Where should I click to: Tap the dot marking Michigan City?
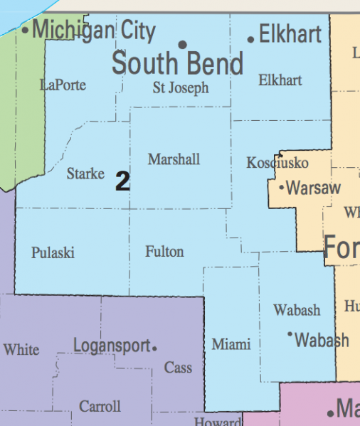tap(26, 31)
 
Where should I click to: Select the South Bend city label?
tap(178, 64)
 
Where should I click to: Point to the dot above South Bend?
tap(183, 45)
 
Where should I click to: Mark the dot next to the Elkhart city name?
tap(251, 39)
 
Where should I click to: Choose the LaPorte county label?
tap(63, 85)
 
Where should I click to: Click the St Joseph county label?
tap(181, 88)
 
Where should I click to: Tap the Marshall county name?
tap(174, 159)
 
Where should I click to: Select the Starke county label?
tap(85, 174)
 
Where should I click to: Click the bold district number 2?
tap(122, 182)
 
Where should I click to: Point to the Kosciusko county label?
tap(277, 163)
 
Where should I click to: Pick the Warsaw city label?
tap(314, 188)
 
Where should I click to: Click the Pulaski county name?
tap(53, 253)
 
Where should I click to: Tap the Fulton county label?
tap(164, 252)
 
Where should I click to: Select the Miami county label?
tap(231, 344)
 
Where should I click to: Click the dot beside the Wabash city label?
tap(290, 334)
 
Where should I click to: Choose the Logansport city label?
tap(112, 346)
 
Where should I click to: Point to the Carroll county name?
tap(100, 407)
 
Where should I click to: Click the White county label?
tap(21, 350)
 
